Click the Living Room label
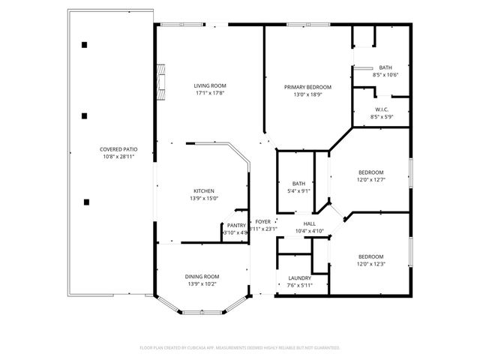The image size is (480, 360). point(210,86)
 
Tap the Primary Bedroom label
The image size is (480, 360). point(307,87)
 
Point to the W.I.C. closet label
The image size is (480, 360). point(382,109)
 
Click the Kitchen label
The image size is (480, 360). point(204,190)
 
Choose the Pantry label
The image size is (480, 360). point(236,225)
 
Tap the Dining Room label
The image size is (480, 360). point(202,277)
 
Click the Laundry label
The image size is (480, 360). point(299,277)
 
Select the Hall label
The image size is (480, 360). point(310,223)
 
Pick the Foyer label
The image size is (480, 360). point(262,221)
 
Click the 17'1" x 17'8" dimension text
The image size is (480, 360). point(210,94)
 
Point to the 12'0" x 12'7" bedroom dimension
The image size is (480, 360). point(370,179)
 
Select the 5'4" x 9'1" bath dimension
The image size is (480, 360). point(298,191)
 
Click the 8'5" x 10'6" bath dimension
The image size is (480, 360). point(385,75)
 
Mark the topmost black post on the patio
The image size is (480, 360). point(85,45)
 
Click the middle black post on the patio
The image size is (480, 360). point(85,115)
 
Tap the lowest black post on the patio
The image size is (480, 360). point(87,200)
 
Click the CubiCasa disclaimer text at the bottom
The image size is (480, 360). point(240,348)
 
